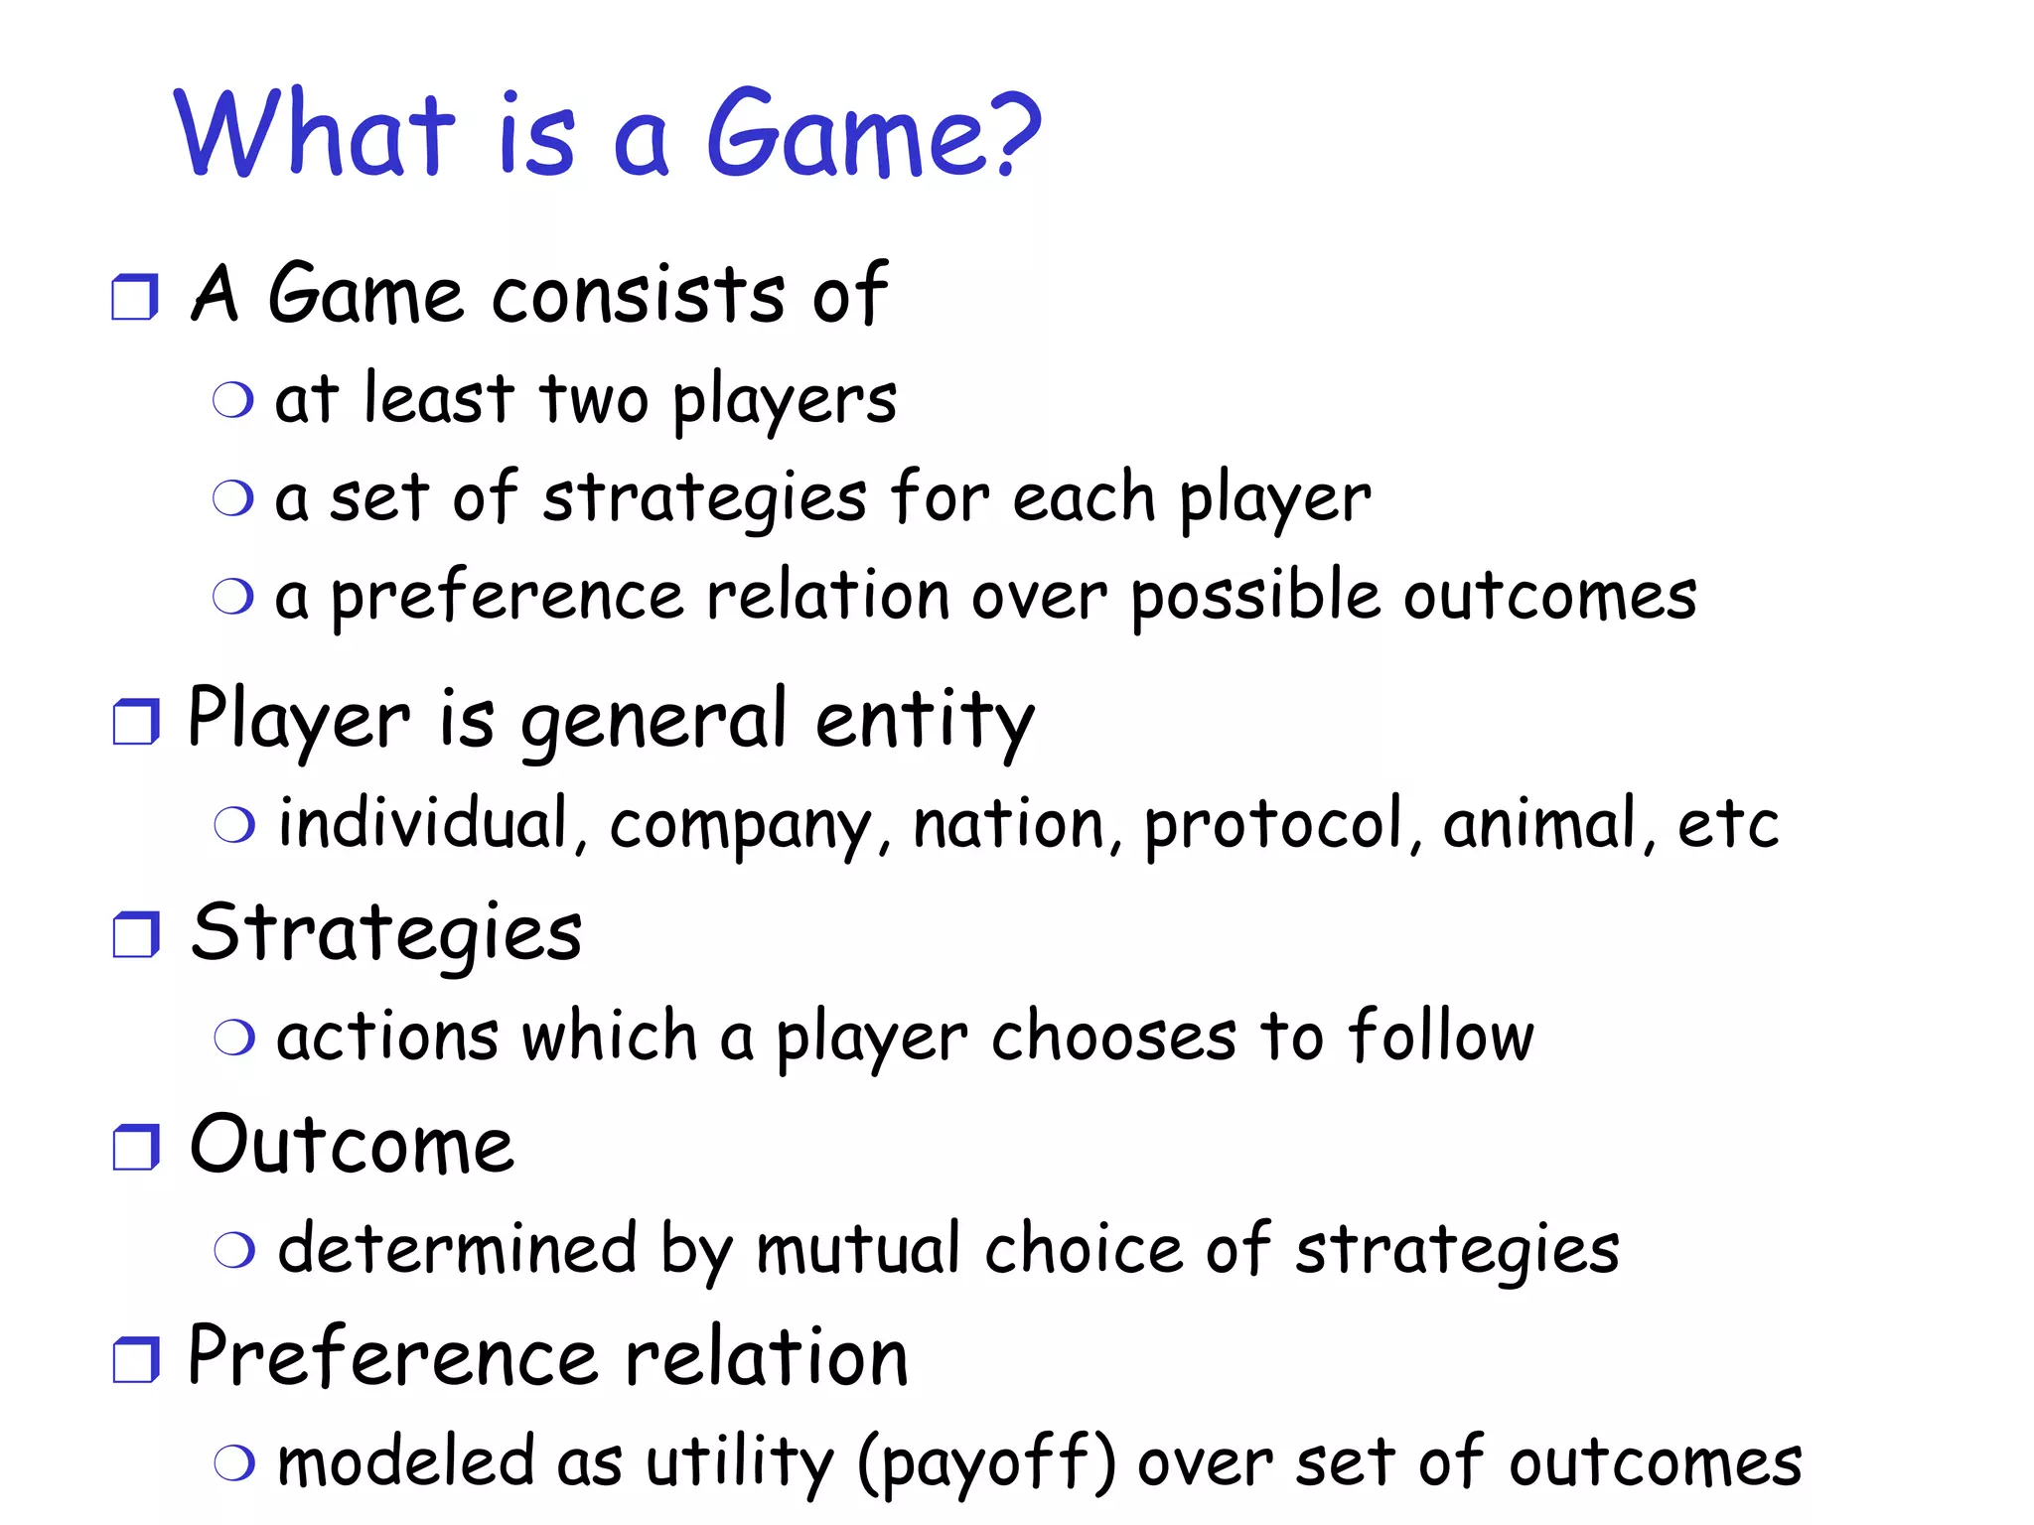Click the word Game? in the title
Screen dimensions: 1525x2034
pos(872,134)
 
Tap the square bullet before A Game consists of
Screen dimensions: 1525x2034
pos(134,297)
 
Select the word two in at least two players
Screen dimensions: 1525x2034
pos(593,399)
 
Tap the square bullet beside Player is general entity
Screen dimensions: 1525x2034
pos(135,722)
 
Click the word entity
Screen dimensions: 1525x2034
pos(925,722)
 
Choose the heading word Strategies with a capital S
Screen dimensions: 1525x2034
pos(386,934)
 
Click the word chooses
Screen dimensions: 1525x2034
pos(1113,1038)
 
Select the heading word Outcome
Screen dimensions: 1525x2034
pos(352,1146)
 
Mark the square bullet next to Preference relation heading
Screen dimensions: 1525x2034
pos(135,1359)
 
